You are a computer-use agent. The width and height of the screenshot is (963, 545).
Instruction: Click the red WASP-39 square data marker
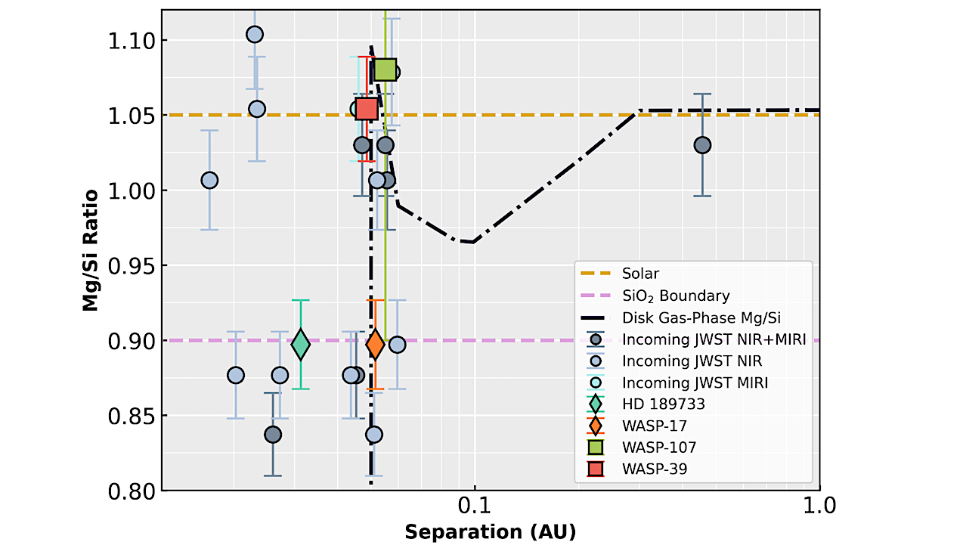(x=367, y=109)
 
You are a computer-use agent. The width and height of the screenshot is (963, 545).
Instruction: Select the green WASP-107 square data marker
(x=386, y=70)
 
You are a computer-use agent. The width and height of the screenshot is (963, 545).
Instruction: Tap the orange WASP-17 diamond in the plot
(x=375, y=345)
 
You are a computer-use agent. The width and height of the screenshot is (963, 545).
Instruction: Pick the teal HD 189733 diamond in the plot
(x=301, y=345)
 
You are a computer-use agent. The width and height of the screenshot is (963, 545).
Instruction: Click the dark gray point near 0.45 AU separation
(x=702, y=145)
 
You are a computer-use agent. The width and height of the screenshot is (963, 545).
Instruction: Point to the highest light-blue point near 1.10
(x=255, y=35)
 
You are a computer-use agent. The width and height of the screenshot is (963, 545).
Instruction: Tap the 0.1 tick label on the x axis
(x=475, y=505)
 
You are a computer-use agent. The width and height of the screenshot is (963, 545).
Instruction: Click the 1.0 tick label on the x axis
(x=819, y=505)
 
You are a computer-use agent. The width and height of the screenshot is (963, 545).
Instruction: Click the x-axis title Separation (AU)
(x=490, y=531)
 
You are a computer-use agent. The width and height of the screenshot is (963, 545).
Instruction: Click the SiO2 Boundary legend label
(x=676, y=296)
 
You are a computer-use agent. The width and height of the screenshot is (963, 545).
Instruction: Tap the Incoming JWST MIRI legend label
(x=695, y=382)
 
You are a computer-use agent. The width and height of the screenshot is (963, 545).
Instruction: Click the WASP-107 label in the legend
(x=658, y=447)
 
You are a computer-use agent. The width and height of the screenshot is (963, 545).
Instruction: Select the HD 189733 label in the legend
(x=663, y=404)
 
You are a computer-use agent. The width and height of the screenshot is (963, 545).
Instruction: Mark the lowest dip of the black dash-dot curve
(x=472, y=242)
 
